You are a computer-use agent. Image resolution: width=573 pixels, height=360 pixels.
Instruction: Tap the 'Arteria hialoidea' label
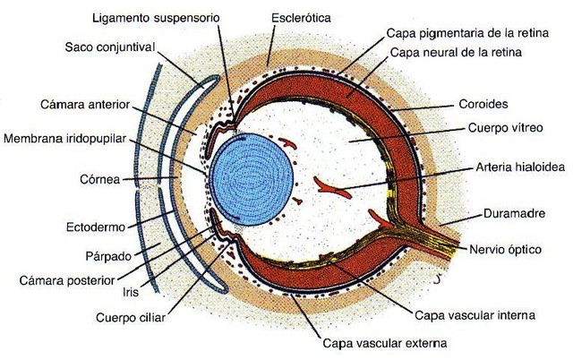click(x=517, y=168)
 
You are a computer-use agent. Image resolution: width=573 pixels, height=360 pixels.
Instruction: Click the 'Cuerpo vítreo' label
click(x=503, y=129)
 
